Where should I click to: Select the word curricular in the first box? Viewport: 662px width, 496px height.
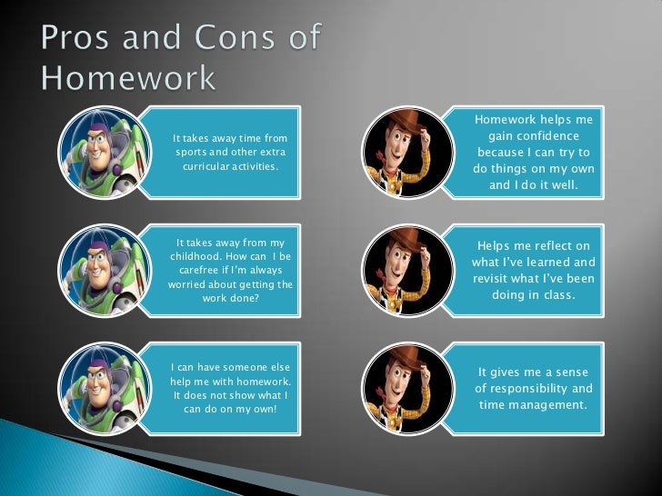(208, 168)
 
